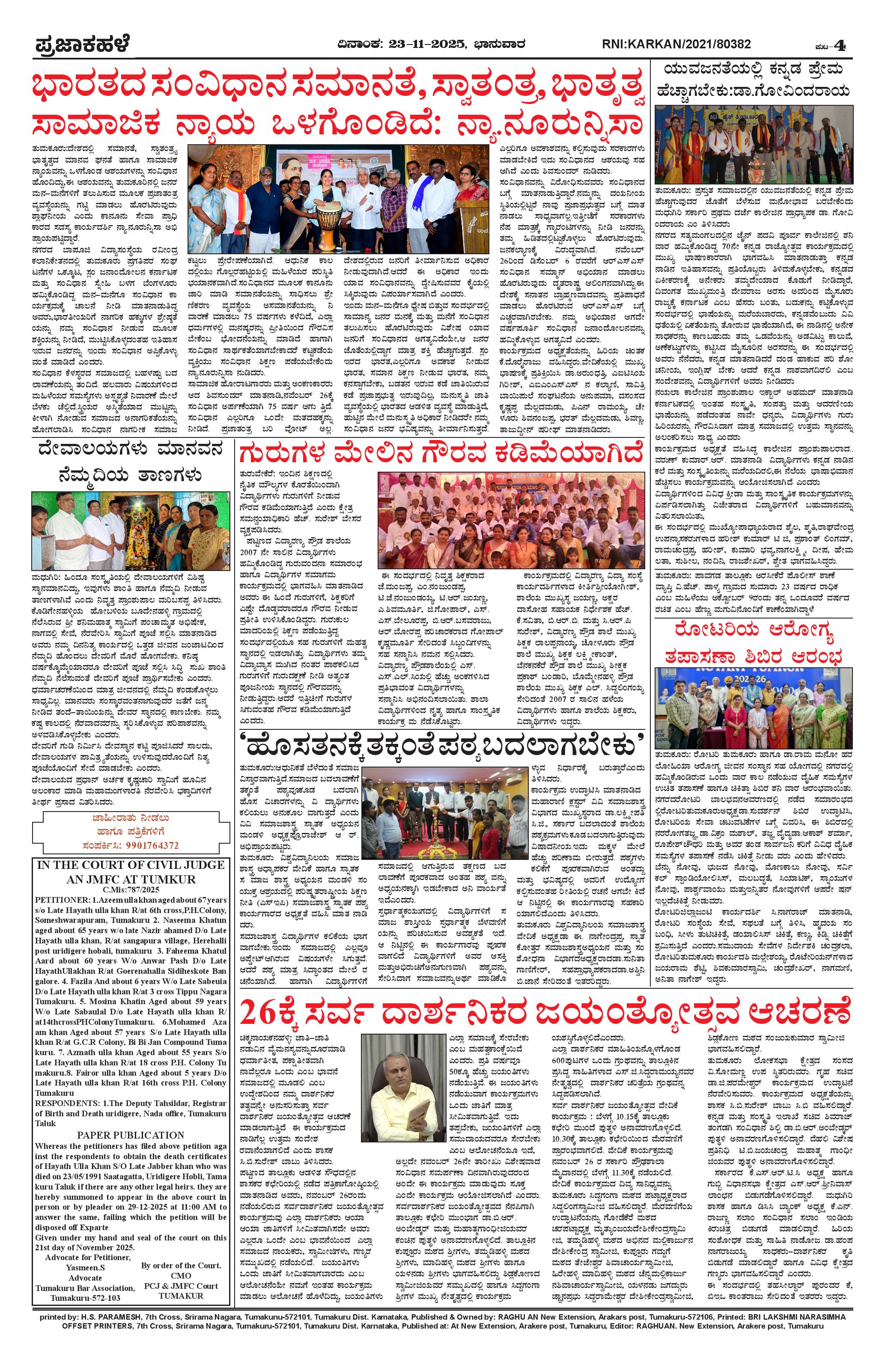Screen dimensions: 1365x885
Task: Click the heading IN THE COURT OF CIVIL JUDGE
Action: (131, 865)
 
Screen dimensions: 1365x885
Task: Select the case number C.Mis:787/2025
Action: (131, 889)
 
